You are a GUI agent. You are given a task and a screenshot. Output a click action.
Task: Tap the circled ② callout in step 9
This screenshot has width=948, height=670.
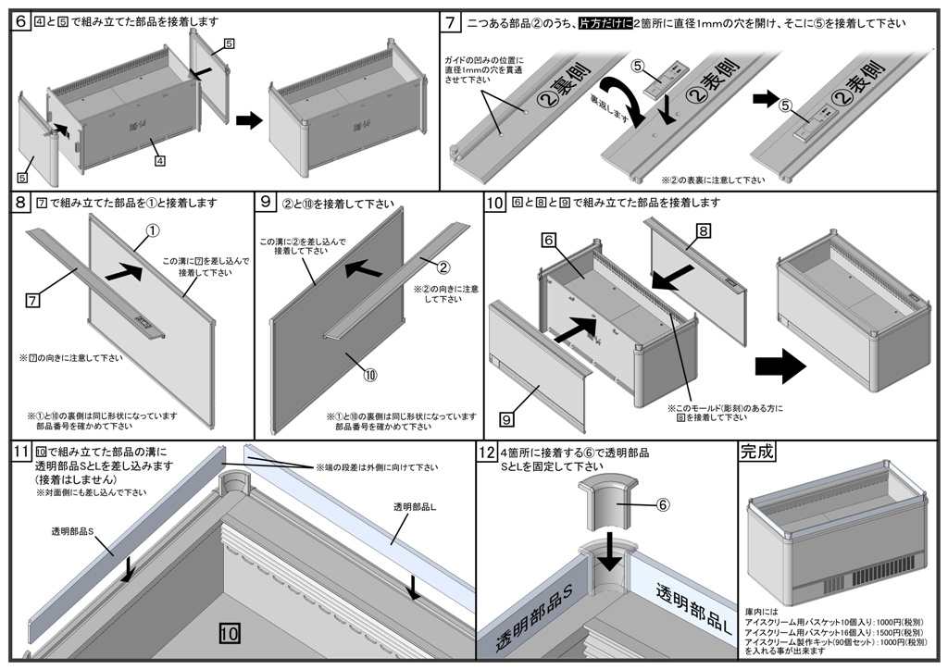443,268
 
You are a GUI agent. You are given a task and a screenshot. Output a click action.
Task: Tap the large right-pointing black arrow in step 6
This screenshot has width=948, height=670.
249,120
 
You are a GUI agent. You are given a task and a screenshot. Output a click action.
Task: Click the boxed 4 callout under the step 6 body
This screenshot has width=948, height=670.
160,160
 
